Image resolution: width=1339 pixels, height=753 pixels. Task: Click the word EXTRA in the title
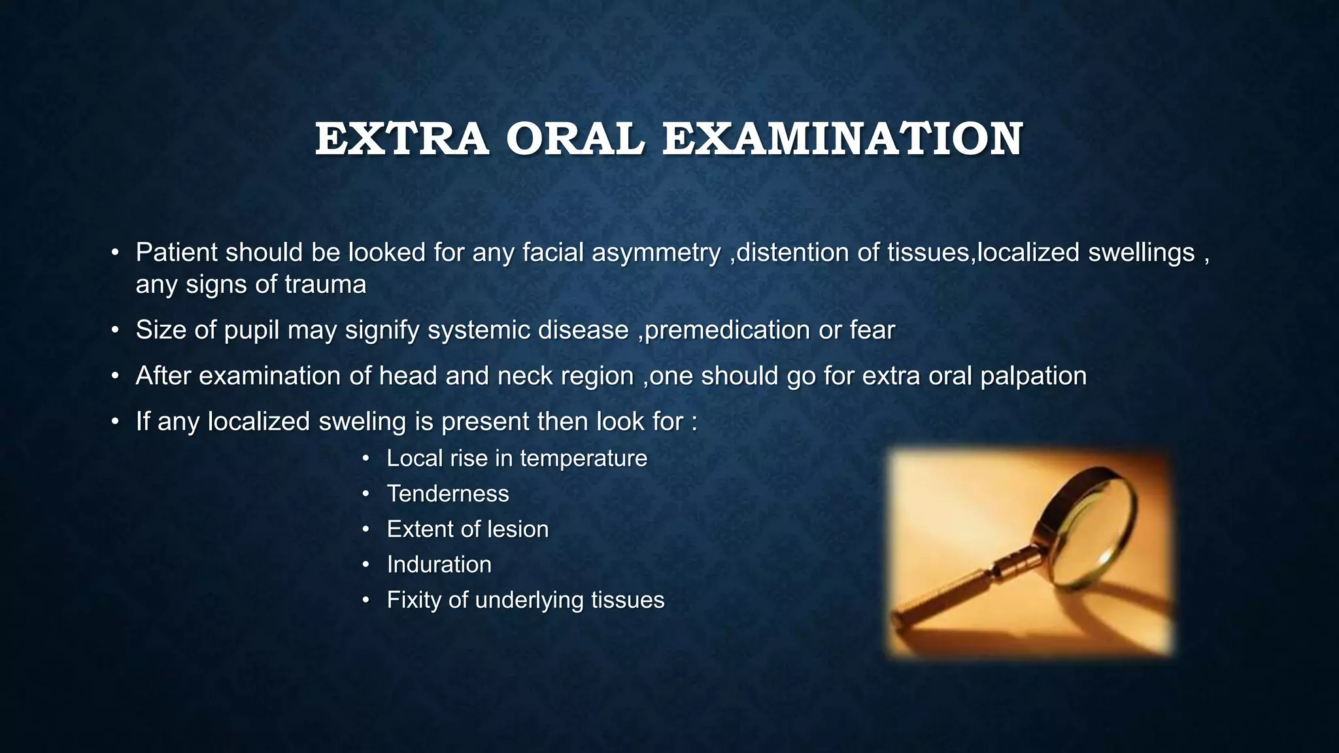[401, 139]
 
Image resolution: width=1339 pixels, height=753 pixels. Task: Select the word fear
[872, 330]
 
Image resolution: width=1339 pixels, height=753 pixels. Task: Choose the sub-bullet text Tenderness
[448, 494]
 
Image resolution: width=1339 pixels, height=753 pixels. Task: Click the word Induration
[439, 564]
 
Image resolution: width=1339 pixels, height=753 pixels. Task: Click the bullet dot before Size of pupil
[115, 330]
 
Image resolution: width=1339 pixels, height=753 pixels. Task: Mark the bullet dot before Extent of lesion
[366, 529]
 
